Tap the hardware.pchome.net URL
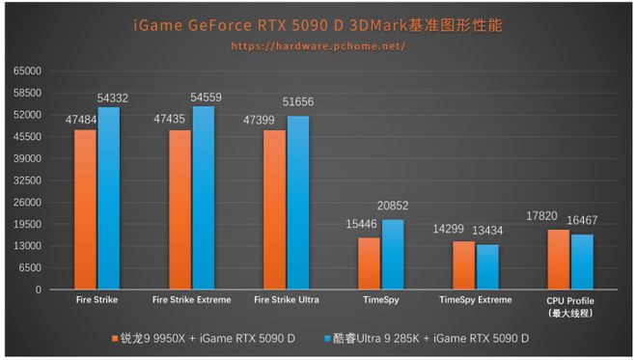[x=319, y=45]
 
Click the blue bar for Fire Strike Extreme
[x=204, y=198]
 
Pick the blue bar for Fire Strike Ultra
[x=297, y=203]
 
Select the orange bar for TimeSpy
[x=369, y=263]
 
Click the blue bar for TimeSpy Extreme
[x=487, y=267]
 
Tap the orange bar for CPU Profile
[x=558, y=260]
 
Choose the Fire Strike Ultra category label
[x=286, y=300]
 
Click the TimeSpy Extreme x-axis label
[x=475, y=300]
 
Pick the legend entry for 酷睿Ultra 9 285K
[x=429, y=339]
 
